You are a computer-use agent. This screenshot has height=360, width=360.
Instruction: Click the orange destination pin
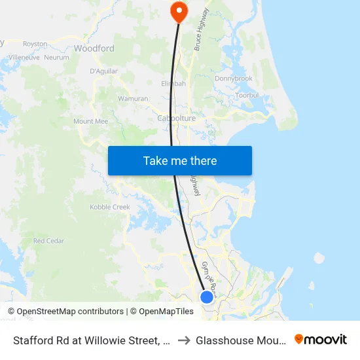click(x=178, y=11)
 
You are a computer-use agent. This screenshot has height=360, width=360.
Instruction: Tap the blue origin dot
click(x=207, y=297)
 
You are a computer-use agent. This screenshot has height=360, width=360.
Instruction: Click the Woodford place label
click(x=94, y=48)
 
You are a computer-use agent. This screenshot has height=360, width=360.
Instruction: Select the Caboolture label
click(x=177, y=118)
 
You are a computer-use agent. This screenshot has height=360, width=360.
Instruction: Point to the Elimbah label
click(x=173, y=84)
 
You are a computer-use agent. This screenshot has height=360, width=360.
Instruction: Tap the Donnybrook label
click(x=234, y=79)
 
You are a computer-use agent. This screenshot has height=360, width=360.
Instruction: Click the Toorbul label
click(x=247, y=95)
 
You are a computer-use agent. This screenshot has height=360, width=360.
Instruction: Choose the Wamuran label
click(x=132, y=99)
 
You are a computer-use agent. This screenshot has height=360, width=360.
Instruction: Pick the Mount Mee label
click(x=90, y=121)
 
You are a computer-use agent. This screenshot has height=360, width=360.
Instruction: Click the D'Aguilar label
click(x=103, y=71)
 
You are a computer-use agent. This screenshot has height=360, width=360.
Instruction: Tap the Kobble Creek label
click(x=110, y=207)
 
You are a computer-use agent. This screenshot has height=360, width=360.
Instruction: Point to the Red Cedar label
click(x=48, y=241)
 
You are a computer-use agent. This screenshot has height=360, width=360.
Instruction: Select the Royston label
click(x=35, y=44)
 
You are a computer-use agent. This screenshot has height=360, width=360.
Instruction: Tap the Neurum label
click(x=57, y=58)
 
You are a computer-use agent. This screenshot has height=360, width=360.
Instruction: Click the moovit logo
click(x=321, y=340)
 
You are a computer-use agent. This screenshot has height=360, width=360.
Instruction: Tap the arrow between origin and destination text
click(x=184, y=340)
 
